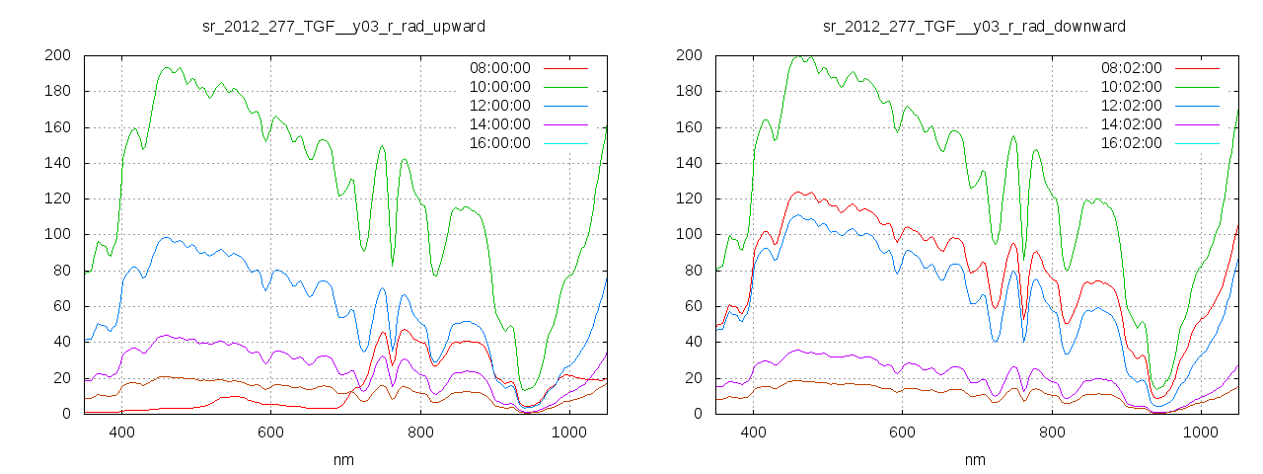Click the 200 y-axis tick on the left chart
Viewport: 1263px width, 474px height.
tap(56, 55)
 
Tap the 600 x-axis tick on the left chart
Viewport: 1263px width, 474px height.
tap(270, 432)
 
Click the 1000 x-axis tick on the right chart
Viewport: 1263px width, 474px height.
tap(1200, 432)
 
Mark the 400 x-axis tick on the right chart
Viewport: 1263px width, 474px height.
tap(753, 432)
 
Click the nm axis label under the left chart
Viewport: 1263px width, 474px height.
tap(342, 460)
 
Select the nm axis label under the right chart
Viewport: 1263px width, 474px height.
tap(974, 460)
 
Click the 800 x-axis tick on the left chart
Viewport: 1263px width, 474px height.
tap(420, 432)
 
